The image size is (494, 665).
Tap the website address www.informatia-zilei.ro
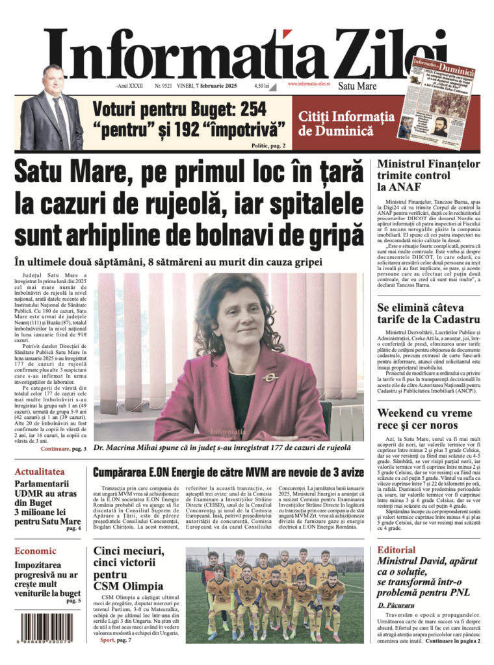click(309, 84)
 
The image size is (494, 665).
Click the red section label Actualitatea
click(40, 471)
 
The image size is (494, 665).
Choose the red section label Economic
click(36, 551)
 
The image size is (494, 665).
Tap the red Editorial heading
click(396, 549)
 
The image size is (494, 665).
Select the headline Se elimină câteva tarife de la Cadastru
click(428, 313)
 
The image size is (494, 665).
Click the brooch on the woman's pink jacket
click(267, 377)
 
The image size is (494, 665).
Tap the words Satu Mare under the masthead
click(357, 85)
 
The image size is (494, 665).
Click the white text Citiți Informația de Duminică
click(355, 123)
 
